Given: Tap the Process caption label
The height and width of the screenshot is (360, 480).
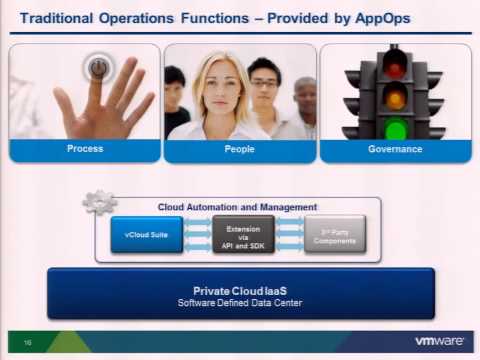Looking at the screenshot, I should click(85, 149).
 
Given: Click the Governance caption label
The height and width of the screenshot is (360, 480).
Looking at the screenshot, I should click(395, 149).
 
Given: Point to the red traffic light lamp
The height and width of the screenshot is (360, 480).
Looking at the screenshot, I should click(395, 65).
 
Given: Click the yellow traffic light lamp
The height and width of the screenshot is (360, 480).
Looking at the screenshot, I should click(395, 97).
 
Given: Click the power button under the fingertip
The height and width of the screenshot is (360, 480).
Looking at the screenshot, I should click(98, 69).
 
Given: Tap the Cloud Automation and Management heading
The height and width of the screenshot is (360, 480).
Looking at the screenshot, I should click(238, 207).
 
